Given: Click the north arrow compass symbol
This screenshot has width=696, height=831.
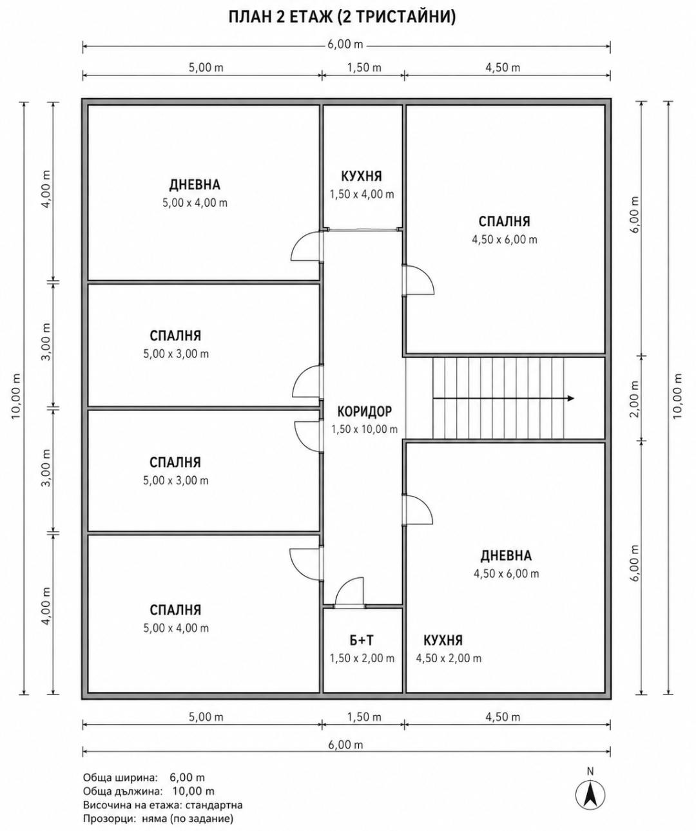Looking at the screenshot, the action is tap(590, 796).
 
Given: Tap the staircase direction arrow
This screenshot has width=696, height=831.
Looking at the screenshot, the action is tap(503, 398).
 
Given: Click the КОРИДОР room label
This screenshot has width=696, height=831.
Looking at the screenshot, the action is tap(364, 411).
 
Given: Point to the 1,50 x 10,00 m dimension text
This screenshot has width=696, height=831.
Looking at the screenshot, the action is tap(364, 429).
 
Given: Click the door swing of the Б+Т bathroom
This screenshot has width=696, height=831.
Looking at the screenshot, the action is tap(349, 594).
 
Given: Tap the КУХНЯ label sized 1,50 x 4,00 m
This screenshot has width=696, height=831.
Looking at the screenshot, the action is tap(362, 176).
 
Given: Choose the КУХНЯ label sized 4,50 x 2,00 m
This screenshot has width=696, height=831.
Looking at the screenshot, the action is tap(443, 640).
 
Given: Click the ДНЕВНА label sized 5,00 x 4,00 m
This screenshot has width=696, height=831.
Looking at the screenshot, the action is tap(195, 185).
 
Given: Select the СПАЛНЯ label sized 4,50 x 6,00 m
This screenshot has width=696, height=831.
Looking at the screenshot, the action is tap(504, 222).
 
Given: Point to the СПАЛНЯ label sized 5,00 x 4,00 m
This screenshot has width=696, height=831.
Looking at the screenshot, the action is tap(175, 609).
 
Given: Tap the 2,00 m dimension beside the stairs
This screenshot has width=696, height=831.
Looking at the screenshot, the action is tap(634, 398).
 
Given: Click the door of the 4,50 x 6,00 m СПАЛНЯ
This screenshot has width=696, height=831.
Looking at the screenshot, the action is tap(418, 280).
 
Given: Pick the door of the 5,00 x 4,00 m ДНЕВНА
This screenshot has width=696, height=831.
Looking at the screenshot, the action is tap(307, 246).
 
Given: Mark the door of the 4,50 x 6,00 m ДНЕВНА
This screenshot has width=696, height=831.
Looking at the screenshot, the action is tap(417, 510).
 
